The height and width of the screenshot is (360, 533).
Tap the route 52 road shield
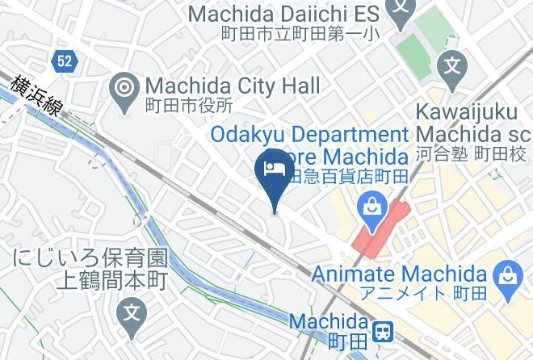[x=64, y=60]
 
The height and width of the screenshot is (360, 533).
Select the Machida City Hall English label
[x=233, y=86]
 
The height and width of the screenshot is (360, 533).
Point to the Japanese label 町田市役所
[x=188, y=105]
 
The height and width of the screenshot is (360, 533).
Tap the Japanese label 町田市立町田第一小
[x=301, y=34]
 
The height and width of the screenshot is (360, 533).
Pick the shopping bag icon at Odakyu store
[x=372, y=206]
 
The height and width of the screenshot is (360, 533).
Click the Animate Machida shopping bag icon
[x=509, y=275]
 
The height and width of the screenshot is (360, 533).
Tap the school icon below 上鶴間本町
[x=130, y=312]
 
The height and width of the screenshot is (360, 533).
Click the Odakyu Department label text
[x=311, y=134]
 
